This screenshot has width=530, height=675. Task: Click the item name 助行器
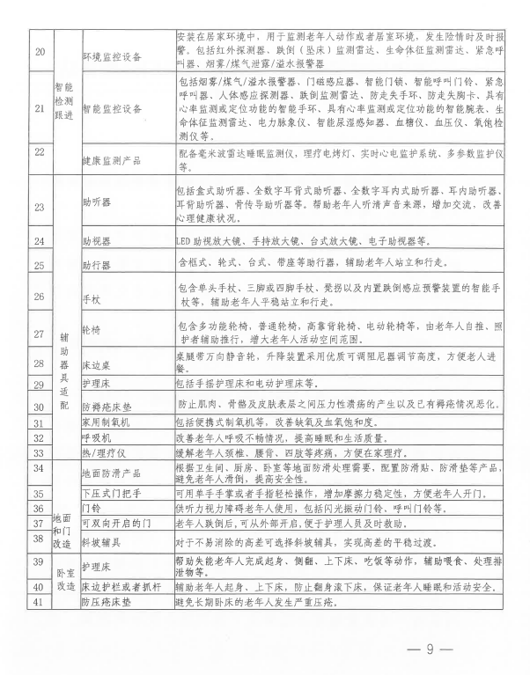96,263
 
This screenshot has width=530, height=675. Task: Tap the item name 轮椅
91,330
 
